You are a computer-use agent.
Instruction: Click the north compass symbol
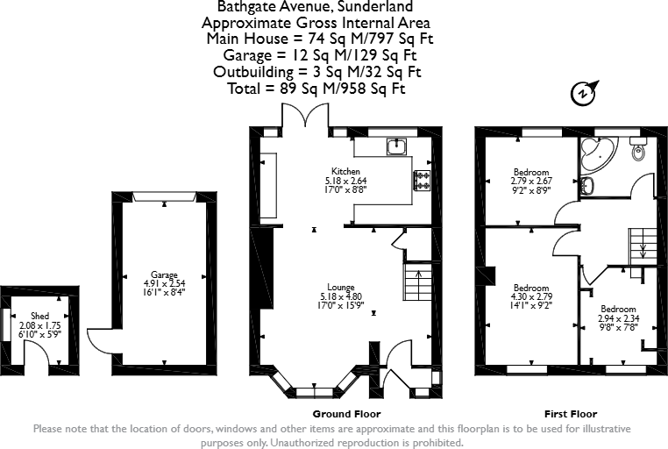(x=584, y=92)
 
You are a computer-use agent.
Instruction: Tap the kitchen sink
(x=396, y=146)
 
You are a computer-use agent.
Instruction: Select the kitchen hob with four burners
(x=422, y=180)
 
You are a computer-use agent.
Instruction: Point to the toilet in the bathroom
(x=637, y=148)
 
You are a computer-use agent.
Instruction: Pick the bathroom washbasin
(x=587, y=186)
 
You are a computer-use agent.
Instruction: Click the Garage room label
(x=164, y=274)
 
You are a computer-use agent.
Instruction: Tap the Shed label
(x=39, y=316)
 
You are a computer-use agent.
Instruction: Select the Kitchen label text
(x=345, y=171)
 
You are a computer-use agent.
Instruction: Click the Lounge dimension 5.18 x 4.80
(x=341, y=296)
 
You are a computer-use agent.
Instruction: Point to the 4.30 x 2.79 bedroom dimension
(x=531, y=296)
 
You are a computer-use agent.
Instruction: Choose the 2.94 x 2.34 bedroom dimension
(x=619, y=318)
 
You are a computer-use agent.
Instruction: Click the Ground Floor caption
(x=347, y=414)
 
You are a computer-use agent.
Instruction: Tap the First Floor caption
(x=571, y=414)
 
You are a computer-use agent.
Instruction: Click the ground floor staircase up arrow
(x=418, y=279)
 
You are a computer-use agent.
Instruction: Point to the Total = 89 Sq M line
(x=316, y=89)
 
